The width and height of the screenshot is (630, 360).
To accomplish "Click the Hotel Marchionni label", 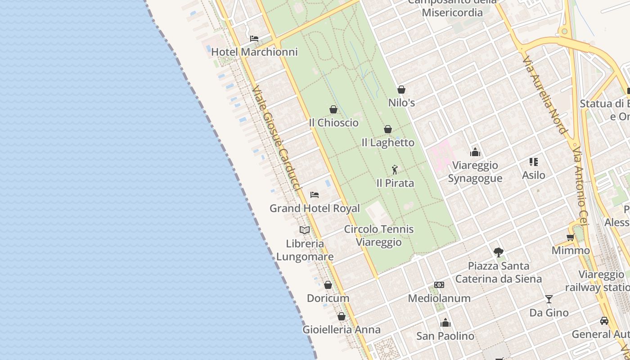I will point(254,52).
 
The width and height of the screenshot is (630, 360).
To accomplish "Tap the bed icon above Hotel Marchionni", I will point(254,39).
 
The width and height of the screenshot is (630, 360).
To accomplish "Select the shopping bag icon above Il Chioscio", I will point(333,109).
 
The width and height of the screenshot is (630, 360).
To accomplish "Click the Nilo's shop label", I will point(401,103).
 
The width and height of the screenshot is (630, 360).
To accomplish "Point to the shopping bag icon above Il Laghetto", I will point(388,130).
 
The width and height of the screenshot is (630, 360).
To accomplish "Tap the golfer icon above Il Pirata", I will point(395,170).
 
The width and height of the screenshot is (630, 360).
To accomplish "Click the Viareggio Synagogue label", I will point(475,171).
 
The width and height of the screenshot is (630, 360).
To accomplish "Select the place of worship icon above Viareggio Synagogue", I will point(475,152).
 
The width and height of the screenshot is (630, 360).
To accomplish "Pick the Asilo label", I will point(534,175).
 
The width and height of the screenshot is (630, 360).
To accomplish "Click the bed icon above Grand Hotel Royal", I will point(315,195).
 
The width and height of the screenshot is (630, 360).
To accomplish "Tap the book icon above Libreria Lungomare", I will point(305,230).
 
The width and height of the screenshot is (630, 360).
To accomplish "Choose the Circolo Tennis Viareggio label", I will point(379,235).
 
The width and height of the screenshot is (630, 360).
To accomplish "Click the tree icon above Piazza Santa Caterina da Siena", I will point(498,252).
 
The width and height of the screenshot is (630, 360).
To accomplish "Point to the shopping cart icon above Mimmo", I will point(571,237).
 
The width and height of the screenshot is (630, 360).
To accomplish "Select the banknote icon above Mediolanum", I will point(439,285).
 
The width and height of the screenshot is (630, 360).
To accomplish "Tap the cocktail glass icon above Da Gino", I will point(549,299).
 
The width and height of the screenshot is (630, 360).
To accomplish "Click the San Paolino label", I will point(445,336).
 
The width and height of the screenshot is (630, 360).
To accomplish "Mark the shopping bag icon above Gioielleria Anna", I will point(342,316).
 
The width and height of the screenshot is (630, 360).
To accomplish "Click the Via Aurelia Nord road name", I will point(544,94).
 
